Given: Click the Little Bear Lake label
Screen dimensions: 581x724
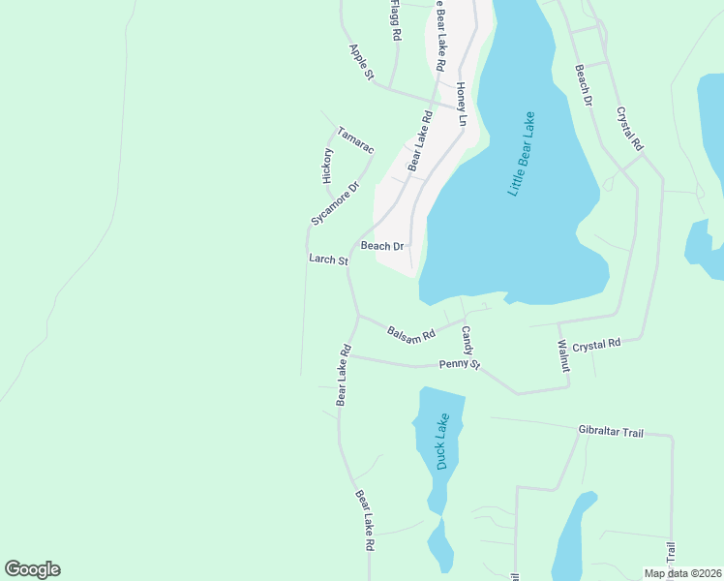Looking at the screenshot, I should point(527,155).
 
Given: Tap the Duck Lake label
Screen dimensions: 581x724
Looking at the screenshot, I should point(442,442).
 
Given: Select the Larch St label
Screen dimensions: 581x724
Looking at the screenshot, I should point(327,260).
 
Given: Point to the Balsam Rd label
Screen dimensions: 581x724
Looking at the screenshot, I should point(411,331).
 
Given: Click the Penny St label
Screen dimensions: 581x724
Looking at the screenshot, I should point(460,364).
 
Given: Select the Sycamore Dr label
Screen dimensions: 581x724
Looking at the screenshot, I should point(335,203).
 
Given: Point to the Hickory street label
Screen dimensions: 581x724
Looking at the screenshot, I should point(327,166).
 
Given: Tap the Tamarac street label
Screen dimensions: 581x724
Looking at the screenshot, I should point(354,139).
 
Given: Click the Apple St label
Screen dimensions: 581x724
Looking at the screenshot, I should point(361,61).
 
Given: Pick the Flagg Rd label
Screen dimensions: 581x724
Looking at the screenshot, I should point(395,19).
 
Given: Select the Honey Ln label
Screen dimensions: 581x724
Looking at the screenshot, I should point(462,104).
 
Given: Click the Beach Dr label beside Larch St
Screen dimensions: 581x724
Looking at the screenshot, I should point(381,246).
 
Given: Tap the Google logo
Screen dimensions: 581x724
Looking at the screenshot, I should point(32,569).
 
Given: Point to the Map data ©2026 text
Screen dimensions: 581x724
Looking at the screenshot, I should point(682,573).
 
